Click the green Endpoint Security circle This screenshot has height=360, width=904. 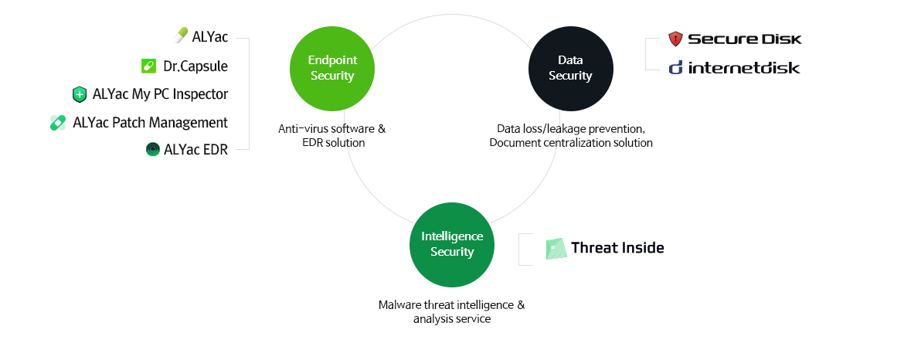pos(332,69)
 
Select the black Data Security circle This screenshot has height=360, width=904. pos(571,69)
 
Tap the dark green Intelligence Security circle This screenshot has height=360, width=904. pos(452,245)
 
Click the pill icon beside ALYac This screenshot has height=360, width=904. pos(181,36)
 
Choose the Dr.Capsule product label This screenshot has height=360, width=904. pos(195,66)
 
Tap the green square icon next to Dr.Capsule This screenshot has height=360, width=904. pos(149,66)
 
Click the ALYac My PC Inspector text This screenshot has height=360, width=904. pos(160,94)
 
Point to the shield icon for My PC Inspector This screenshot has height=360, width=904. pos(80,94)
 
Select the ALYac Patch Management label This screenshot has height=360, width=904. pos(151,123)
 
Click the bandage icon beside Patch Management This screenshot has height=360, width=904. pos(58,123)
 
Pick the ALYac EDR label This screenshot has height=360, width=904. pos(196,150)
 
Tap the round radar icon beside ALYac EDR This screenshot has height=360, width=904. pos(153,150)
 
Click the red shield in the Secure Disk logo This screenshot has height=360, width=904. pos(675,39)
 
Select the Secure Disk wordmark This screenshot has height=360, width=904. pos(745,39)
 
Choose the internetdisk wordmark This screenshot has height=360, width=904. pos(744,68)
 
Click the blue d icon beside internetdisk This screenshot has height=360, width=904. pos(676,68)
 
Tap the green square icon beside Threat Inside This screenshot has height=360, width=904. pos(556,248)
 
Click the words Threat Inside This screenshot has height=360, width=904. pos(617,248)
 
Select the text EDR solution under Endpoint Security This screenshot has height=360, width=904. pos(333,143)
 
